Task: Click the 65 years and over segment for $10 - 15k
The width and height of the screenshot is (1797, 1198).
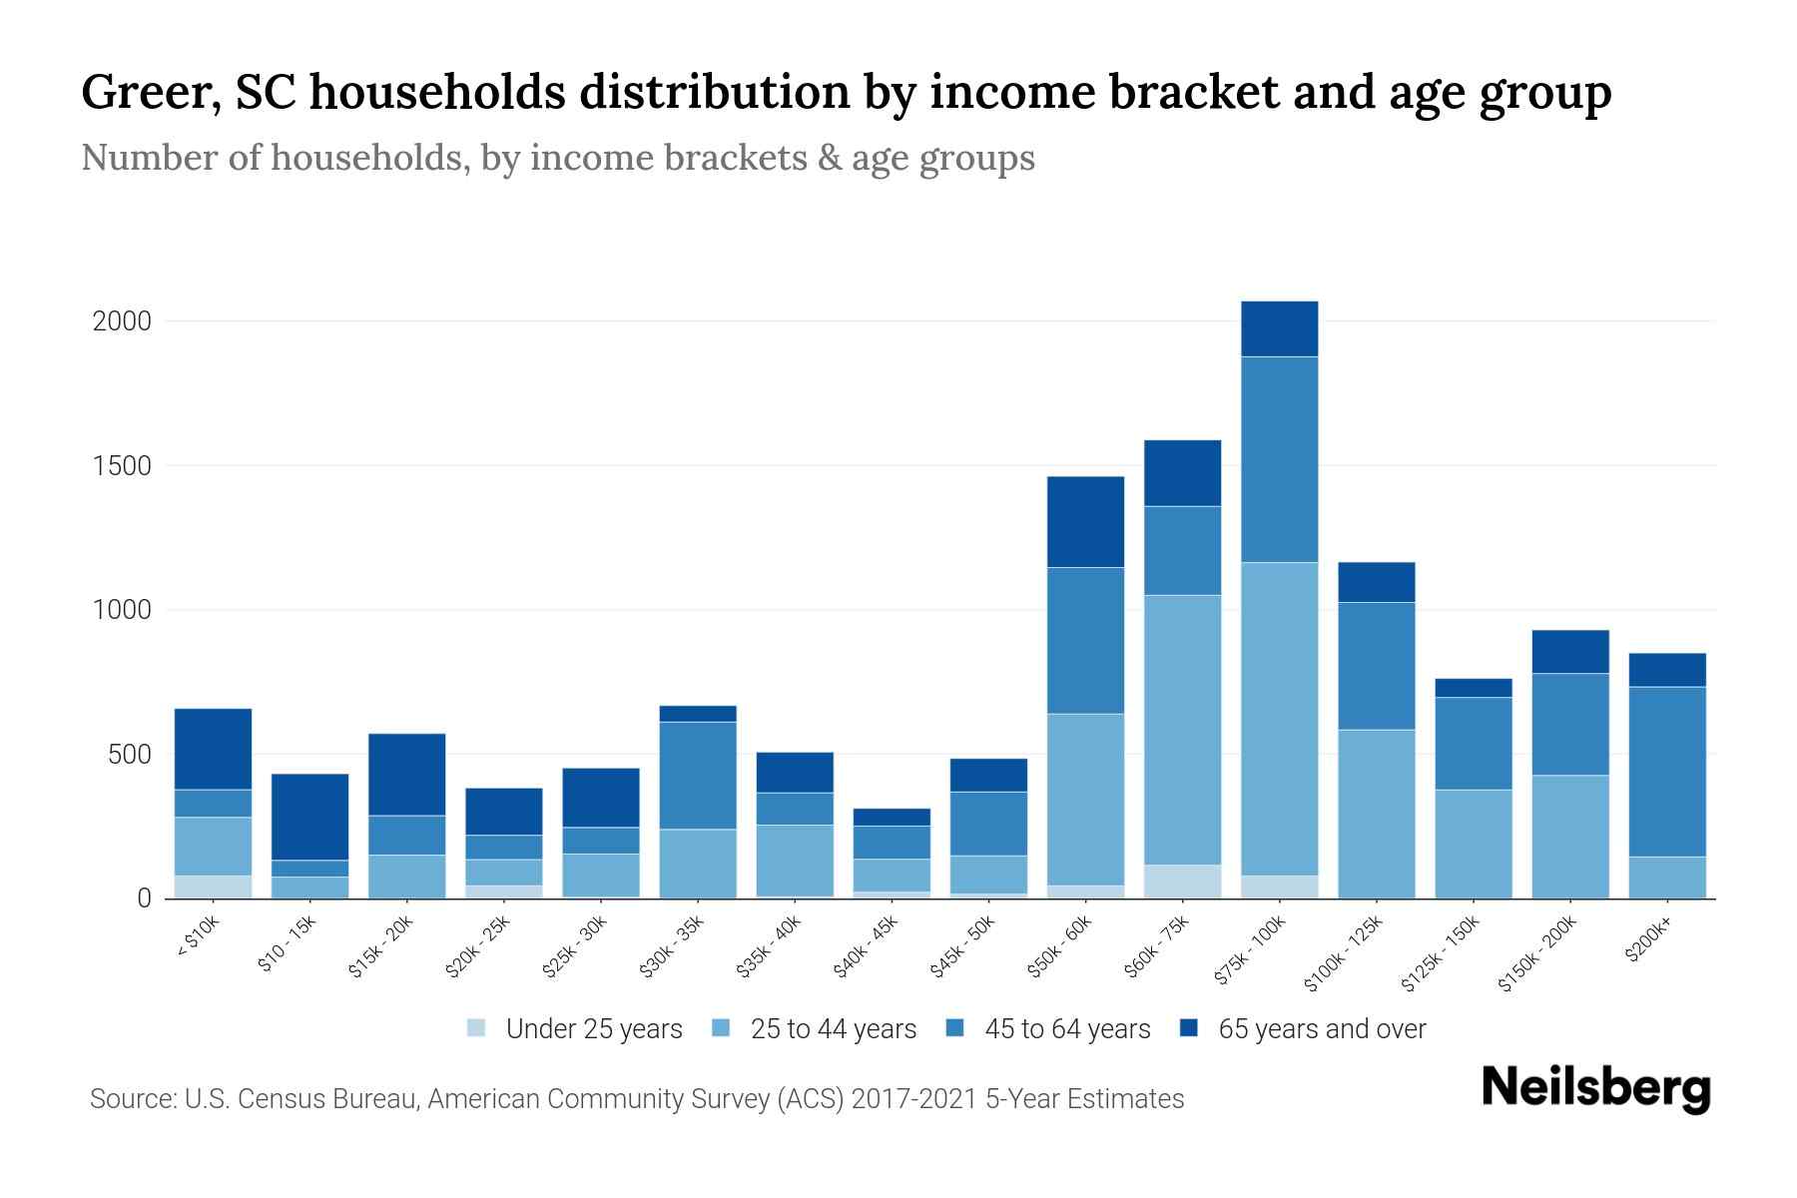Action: tap(309, 817)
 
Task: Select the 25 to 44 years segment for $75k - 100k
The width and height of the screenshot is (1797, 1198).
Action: tap(1279, 719)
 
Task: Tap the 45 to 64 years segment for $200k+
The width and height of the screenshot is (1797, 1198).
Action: tap(1666, 772)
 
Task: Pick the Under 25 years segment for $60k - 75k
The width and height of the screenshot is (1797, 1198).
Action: tap(1182, 882)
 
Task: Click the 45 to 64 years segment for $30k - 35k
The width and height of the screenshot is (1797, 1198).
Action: tap(698, 775)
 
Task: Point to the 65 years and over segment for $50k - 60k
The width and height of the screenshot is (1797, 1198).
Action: tap(1085, 521)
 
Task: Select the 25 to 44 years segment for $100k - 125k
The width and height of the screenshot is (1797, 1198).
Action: tap(1376, 814)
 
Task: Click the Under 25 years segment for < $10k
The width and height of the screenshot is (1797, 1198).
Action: tap(213, 887)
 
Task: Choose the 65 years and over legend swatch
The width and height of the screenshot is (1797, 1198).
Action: tap(1189, 1028)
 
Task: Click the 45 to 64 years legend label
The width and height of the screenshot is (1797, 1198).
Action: tap(1066, 1029)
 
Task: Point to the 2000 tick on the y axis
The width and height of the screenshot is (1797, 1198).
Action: tap(122, 321)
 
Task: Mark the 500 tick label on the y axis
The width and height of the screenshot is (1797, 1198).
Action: tap(130, 755)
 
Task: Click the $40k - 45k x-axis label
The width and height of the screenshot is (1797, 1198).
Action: tap(867, 947)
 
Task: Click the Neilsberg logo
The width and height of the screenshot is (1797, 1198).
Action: tap(1595, 1088)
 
